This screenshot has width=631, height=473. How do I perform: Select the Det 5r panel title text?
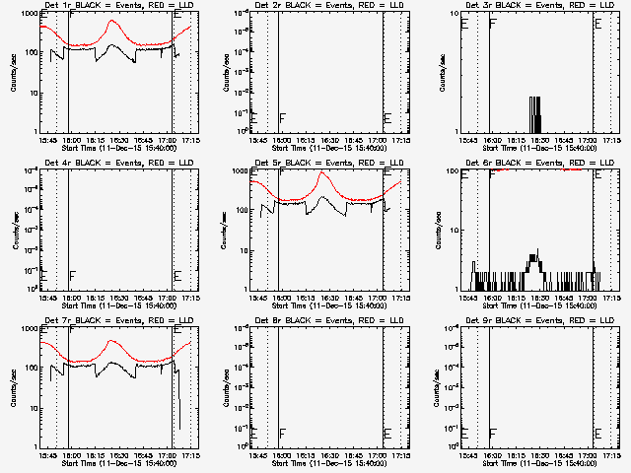[325, 163]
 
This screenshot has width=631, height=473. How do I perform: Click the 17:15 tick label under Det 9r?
[611, 456]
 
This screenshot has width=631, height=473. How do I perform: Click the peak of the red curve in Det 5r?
[322, 172]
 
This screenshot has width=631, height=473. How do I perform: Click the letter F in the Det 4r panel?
[73, 276]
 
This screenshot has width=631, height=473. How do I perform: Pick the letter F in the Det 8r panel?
[284, 434]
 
